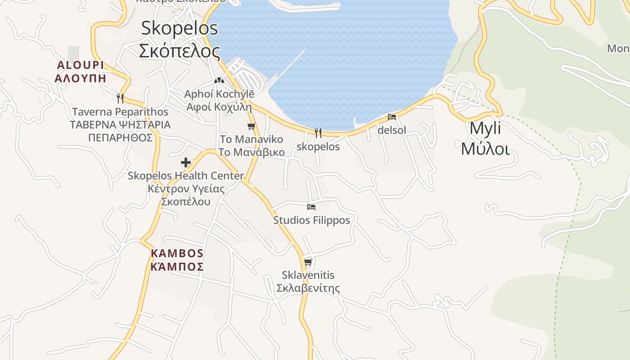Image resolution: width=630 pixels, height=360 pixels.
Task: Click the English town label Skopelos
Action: pyautogui.click(x=180, y=28)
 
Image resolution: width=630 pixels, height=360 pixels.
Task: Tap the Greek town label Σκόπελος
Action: pyautogui.click(x=180, y=51)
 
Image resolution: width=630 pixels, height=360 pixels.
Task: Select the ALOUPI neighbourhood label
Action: pyautogui.click(x=81, y=65)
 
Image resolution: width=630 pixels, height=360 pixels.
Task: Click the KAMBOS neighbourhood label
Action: pyautogui.click(x=177, y=253)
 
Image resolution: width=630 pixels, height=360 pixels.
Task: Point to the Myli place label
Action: pyautogui.click(x=485, y=128)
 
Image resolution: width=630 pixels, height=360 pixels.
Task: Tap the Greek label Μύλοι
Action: pyautogui.click(x=485, y=148)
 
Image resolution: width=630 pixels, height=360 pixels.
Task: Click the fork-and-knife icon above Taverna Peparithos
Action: pyautogui.click(x=120, y=98)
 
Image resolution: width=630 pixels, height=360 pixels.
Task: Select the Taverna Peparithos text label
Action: pyautogui.click(x=120, y=112)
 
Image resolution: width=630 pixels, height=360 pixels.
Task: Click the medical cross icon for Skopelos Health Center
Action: pyautogui.click(x=186, y=162)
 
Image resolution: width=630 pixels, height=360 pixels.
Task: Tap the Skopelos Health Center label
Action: pyautogui.click(x=186, y=175)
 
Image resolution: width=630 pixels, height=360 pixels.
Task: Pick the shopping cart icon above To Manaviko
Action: pyautogui.click(x=252, y=126)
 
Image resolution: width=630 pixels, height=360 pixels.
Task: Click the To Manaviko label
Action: pyautogui.click(x=252, y=139)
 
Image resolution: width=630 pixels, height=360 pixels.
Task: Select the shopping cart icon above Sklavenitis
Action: pyautogui.click(x=308, y=262)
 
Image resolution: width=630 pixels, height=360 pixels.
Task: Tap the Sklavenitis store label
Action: pyautogui.click(x=308, y=275)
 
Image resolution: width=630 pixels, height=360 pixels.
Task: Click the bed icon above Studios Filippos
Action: pyautogui.click(x=311, y=207)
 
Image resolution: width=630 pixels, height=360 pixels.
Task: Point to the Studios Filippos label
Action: pyautogui.click(x=311, y=220)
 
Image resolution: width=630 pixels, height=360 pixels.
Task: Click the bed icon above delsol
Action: pyautogui.click(x=392, y=117)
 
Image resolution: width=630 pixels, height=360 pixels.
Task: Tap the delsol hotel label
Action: pyautogui.click(x=392, y=130)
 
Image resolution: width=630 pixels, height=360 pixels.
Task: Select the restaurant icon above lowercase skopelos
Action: pyautogui.click(x=318, y=133)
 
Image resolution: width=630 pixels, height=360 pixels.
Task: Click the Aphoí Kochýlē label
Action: pyautogui.click(x=219, y=94)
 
